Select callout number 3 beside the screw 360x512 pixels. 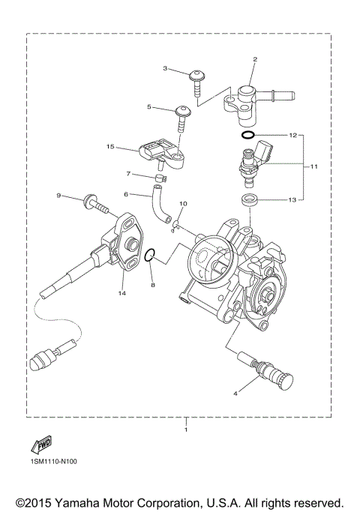(x=165, y=68)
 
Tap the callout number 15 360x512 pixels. (x=110, y=147)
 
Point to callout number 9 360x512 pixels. (x=58, y=196)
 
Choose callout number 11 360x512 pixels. (x=314, y=166)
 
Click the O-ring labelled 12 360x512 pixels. (x=248, y=136)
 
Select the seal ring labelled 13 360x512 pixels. (x=247, y=200)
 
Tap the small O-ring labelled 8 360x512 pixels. (x=150, y=256)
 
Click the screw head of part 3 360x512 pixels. (x=197, y=75)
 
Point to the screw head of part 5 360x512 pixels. (x=182, y=112)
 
